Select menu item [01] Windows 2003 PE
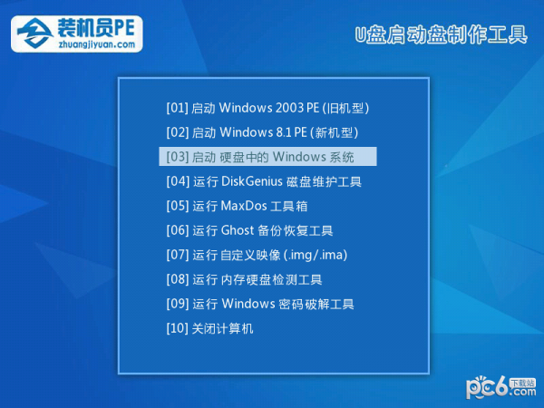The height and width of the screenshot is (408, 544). point(267,108)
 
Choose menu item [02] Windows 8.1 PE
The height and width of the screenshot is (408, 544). point(262,132)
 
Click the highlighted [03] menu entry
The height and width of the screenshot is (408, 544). point(267,157)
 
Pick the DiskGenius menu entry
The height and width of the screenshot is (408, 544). point(264,181)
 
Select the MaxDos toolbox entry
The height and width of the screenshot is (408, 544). point(237,206)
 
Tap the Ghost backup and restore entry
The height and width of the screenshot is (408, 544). point(249,230)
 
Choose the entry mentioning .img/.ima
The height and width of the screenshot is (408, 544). point(257,255)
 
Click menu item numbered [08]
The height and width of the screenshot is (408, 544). point(244,279)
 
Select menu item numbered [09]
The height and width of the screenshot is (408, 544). point(260,304)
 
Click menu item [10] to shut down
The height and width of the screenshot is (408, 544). point(209,328)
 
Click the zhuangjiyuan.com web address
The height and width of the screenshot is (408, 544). point(96,44)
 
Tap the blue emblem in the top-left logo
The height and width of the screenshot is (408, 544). point(34,34)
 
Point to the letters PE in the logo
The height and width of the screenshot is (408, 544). point(124,28)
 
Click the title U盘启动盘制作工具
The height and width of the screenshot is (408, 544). point(441,35)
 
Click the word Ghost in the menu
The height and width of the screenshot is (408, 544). point(238,230)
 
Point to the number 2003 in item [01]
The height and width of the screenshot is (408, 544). point(289,108)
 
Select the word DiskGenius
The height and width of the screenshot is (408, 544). point(252,181)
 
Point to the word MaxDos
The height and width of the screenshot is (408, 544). point(244,206)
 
